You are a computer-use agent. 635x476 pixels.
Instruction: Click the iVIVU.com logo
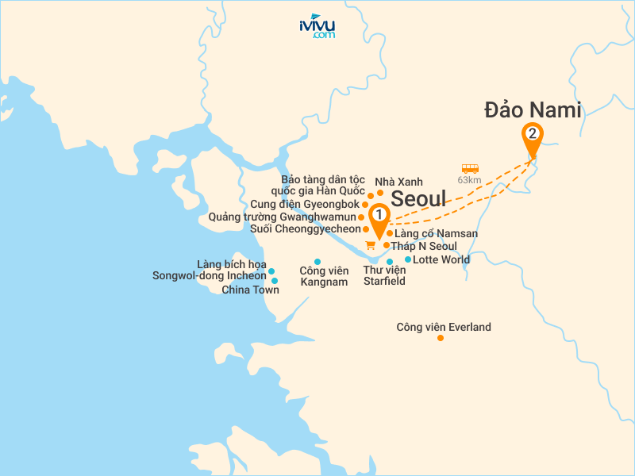point(317,26)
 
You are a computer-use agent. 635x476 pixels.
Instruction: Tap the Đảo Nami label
point(533,110)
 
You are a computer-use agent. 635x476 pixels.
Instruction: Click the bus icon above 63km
point(470,168)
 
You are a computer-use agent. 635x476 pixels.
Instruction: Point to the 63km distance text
point(471,180)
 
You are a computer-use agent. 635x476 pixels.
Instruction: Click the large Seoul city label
point(419,198)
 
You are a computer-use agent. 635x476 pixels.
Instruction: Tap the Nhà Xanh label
point(404,182)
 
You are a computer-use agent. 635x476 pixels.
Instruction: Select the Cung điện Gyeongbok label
point(305,204)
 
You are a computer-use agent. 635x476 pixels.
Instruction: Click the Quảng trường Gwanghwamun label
point(282,217)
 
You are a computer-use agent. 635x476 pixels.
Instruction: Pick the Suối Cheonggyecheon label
point(305,228)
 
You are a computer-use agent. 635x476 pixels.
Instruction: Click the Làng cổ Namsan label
point(436,233)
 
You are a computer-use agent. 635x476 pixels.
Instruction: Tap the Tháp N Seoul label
point(423,246)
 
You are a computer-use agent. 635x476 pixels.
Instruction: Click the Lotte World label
point(442,259)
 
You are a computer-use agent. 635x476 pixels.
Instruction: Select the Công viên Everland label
point(444,327)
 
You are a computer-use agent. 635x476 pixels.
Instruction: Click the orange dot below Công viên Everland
point(441,339)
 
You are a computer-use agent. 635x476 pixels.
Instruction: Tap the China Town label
point(250,290)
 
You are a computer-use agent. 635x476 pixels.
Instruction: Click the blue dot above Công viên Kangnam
point(317,262)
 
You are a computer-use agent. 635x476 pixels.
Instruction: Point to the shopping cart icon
point(370,244)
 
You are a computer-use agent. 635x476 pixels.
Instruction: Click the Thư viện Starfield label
point(384,275)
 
